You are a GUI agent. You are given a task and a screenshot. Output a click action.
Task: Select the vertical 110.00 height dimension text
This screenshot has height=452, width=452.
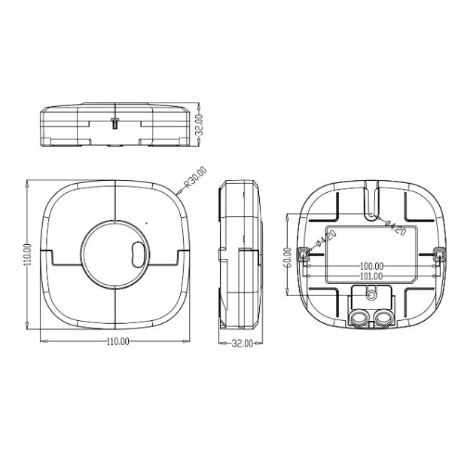27,255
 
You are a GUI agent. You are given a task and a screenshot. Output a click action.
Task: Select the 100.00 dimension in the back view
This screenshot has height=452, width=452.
371,266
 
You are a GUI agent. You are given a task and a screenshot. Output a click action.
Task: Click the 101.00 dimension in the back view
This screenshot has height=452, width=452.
371,276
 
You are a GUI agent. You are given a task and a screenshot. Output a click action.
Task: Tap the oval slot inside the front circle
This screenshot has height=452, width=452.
138,254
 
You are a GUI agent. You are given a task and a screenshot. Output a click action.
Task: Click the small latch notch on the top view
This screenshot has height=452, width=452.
114,122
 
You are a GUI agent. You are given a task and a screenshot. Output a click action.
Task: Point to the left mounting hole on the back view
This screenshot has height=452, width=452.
303,255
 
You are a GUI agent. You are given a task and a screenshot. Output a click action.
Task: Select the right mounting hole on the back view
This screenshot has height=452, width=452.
439,255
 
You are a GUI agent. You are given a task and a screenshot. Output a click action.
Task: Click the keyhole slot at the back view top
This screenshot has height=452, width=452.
371,202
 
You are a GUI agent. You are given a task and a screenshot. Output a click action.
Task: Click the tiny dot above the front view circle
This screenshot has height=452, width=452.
147,222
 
